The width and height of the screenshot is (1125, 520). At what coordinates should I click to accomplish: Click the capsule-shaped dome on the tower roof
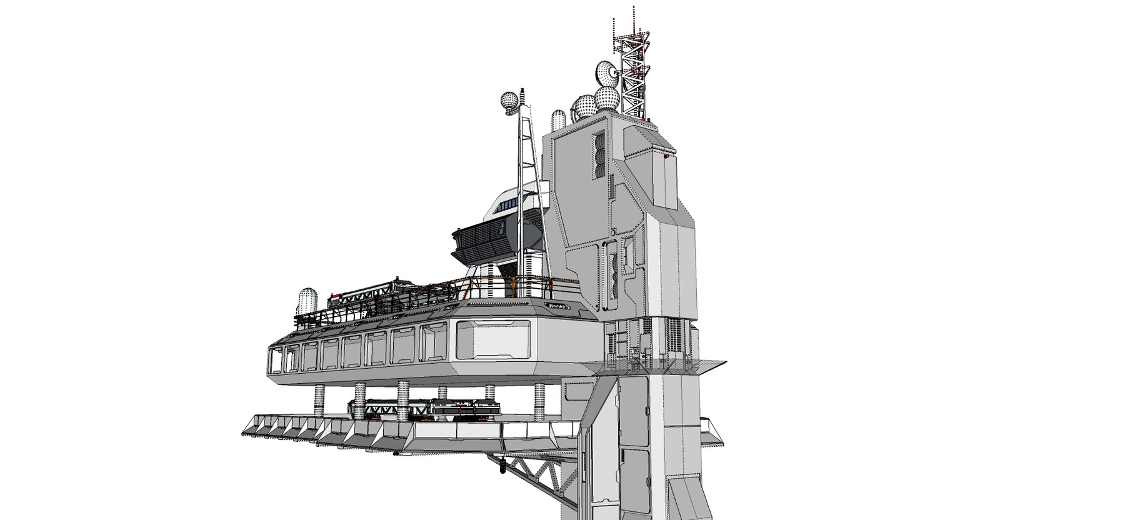point(559,119)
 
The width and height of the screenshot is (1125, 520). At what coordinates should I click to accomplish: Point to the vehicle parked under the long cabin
point(431,409)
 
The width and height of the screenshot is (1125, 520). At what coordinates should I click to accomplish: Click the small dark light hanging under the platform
point(503,464)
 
